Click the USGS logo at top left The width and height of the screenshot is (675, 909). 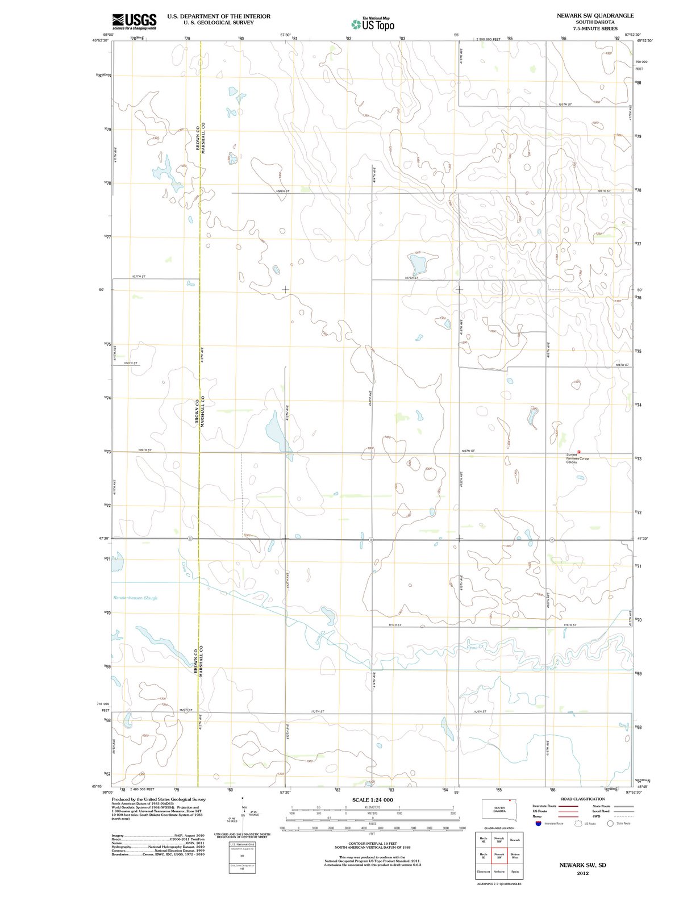pyautogui.click(x=134, y=21)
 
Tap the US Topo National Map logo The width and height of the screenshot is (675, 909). pyautogui.click(x=373, y=23)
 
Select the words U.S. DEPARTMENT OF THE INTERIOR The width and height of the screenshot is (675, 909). pyautogui.click(x=219, y=16)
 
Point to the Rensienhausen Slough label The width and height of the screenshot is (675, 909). pyautogui.click(x=135, y=598)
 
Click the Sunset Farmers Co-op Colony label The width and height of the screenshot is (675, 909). pyautogui.click(x=577, y=458)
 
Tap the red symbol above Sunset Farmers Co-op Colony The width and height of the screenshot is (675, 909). pyautogui.click(x=579, y=450)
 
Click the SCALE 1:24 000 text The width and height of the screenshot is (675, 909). pyautogui.click(x=372, y=800)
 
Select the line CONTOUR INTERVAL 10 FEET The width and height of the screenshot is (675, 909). pyautogui.click(x=372, y=843)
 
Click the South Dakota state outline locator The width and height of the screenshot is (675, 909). pyautogui.click(x=499, y=809)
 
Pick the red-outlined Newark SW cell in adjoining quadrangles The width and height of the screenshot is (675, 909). pyautogui.click(x=499, y=856)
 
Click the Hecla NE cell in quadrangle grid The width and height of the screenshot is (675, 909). pyautogui.click(x=484, y=840)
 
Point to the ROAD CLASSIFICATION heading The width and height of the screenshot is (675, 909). pyautogui.click(x=582, y=799)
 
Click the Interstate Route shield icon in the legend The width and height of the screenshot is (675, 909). pyautogui.click(x=538, y=823)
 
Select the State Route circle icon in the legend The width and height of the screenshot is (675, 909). pyautogui.click(x=610, y=823)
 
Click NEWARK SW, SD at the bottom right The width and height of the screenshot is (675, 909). pyautogui.click(x=582, y=865)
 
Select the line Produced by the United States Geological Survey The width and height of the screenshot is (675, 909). pyautogui.click(x=159, y=799)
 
